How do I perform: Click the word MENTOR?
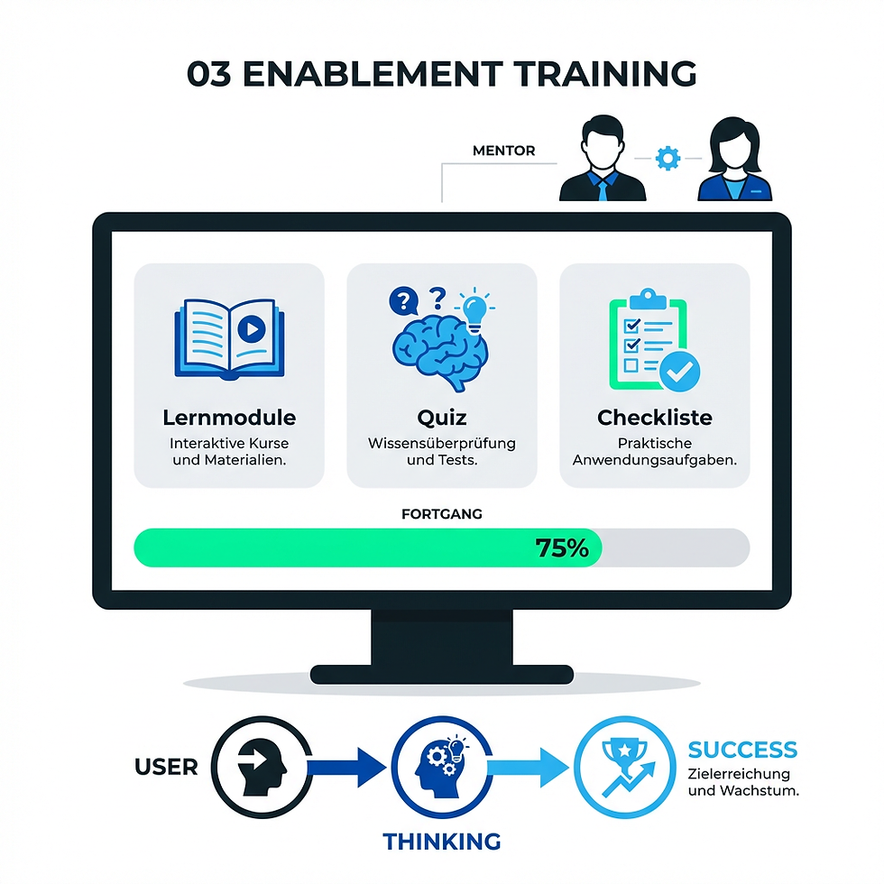(x=503, y=151)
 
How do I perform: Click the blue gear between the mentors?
(x=668, y=159)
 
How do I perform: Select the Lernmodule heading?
(x=229, y=418)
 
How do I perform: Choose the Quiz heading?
(x=441, y=418)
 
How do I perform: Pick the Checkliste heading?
(x=654, y=418)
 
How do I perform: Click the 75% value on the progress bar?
(x=561, y=548)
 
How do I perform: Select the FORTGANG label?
(x=441, y=514)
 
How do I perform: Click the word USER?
(x=166, y=768)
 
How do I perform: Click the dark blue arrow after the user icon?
(x=347, y=769)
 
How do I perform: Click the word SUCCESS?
(x=742, y=750)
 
